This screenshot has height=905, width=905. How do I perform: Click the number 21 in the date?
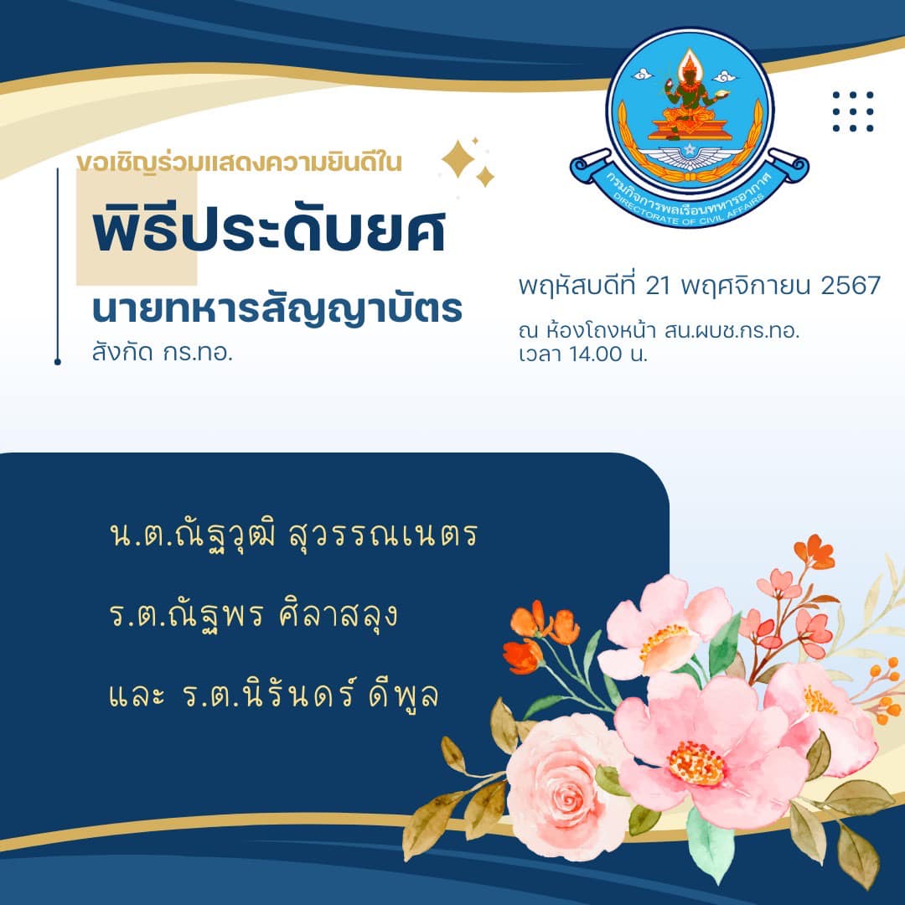click(657, 285)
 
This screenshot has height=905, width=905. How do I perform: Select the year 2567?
click(851, 285)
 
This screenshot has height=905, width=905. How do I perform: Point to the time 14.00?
click(596, 354)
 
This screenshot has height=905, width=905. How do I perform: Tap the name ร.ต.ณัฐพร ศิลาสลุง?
click(253, 615)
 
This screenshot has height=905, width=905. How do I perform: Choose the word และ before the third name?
click(137, 696)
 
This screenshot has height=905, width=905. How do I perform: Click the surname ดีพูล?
click(403, 695)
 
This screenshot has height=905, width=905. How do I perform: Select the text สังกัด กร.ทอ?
click(163, 352)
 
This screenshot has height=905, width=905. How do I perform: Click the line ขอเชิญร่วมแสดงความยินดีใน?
click(239, 163)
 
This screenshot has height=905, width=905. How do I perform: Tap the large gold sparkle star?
click(458, 158)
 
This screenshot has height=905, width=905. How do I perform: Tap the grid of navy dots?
click(853, 111)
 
